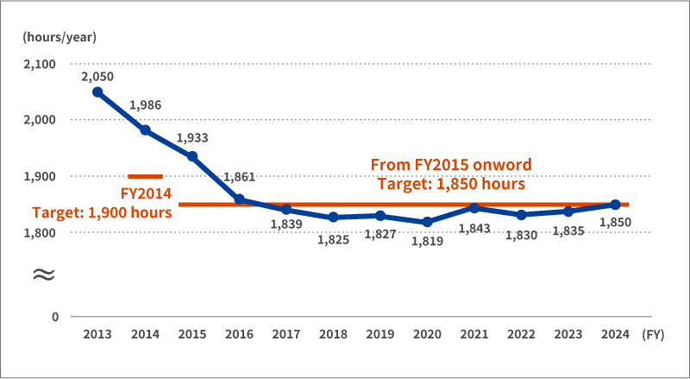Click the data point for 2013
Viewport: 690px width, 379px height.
97,92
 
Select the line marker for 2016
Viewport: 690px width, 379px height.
240,199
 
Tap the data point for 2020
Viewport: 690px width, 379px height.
428,222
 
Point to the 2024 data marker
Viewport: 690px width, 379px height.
615,205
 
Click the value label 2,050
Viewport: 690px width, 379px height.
97,77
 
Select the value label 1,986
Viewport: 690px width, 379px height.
145,105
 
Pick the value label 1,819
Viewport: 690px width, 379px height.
427,241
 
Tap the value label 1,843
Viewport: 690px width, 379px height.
474,228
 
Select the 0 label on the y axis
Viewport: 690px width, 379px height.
55,317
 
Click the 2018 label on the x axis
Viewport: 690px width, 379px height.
333,335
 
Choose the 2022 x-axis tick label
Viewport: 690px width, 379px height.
521,335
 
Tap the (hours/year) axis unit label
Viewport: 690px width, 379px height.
60,37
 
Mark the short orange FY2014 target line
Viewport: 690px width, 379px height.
145,176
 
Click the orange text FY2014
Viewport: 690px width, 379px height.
146,193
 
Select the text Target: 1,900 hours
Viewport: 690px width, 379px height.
102,212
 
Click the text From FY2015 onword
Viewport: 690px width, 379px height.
450,164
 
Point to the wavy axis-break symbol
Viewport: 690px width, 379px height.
43,274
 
